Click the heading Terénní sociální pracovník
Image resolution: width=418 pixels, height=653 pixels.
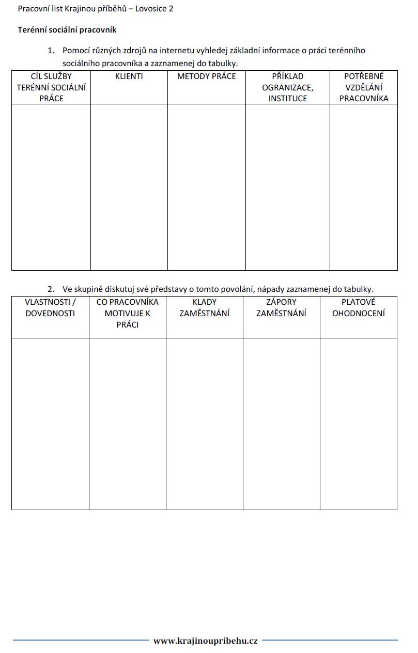click(x=67, y=30)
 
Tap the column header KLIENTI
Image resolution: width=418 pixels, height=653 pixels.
click(x=129, y=76)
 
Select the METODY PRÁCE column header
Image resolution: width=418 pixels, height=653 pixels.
click(x=206, y=76)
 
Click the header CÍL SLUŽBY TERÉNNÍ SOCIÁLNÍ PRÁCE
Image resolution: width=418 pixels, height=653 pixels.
click(x=51, y=87)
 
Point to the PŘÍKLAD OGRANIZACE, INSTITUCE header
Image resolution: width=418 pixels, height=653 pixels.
click(x=287, y=87)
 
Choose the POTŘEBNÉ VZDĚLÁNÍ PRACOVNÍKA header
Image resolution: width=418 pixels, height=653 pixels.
click(x=364, y=87)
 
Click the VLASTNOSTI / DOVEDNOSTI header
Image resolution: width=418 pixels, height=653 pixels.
click(x=50, y=307)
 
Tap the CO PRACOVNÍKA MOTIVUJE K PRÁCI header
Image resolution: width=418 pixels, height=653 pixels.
click(x=128, y=313)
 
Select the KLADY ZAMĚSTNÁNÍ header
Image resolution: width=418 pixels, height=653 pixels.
click(x=205, y=307)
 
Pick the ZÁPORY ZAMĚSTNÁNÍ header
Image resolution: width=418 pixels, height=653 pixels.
click(x=281, y=307)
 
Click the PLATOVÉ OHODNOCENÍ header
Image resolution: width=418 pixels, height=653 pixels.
click(x=359, y=307)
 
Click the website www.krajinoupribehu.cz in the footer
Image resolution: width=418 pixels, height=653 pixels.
click(x=206, y=641)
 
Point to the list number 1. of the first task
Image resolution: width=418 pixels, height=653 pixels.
click(x=51, y=51)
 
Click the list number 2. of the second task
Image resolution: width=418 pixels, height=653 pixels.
click(x=51, y=289)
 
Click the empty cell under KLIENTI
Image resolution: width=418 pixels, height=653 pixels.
click(x=129, y=187)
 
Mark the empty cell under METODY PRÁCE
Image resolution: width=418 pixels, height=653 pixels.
click(x=206, y=187)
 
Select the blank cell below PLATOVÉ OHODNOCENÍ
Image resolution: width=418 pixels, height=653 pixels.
click(x=359, y=423)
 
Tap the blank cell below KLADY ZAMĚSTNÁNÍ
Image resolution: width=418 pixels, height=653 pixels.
click(x=205, y=423)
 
